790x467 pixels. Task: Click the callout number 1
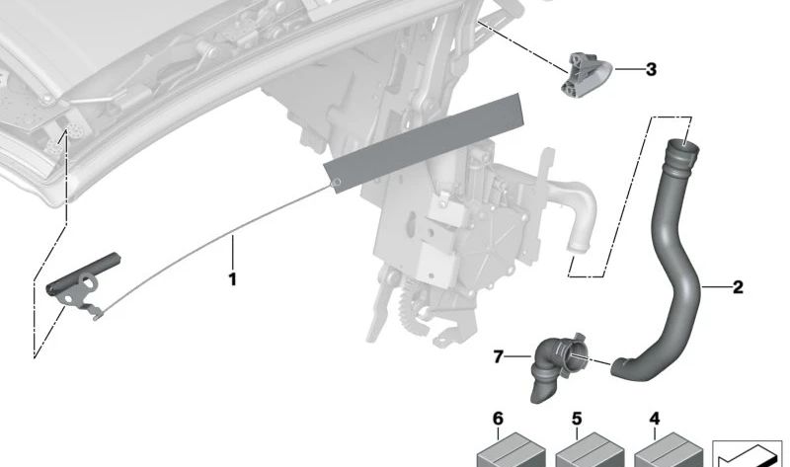point(232,279)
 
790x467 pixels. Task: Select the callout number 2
point(738,287)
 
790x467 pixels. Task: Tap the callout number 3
point(651,69)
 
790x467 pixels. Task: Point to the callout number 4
point(654,420)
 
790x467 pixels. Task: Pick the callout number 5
point(577,420)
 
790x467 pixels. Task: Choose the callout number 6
point(498,419)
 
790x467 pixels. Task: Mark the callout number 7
point(498,357)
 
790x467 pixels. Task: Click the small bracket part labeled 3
point(586,74)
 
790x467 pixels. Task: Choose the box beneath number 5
point(590,450)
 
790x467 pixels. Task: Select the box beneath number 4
point(669,450)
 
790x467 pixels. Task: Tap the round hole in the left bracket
point(90,282)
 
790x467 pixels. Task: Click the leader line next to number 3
point(628,69)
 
